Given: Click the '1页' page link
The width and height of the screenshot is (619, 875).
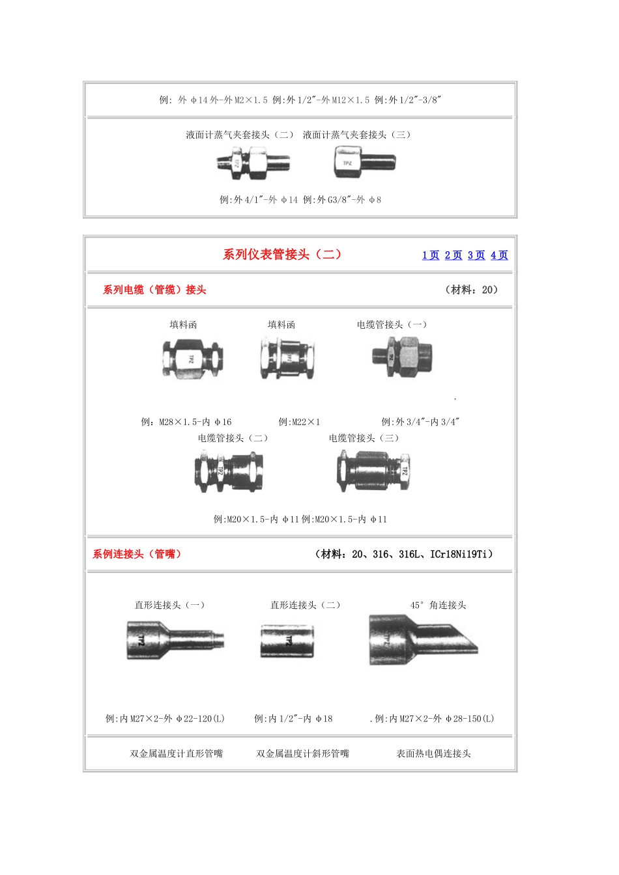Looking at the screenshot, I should [431, 255].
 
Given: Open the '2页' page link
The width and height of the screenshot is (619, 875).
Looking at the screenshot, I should [453, 255].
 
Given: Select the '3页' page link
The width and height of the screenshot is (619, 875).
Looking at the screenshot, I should [476, 255].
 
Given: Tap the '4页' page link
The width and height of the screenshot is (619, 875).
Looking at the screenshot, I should [499, 255].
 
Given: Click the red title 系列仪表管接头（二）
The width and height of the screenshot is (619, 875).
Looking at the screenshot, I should [282, 255].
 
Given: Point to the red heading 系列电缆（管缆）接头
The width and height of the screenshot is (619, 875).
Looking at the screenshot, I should [154, 290].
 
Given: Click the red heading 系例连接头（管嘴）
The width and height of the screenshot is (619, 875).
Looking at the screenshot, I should [137, 554].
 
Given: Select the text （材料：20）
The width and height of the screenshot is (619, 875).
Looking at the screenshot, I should [471, 290].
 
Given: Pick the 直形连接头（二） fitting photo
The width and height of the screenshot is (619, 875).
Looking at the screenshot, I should [287, 641].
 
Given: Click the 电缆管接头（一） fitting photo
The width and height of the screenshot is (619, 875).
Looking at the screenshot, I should [402, 356].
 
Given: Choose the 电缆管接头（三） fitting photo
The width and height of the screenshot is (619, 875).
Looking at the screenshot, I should [373, 471].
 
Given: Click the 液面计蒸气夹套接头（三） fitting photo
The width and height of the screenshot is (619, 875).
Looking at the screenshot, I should [364, 162].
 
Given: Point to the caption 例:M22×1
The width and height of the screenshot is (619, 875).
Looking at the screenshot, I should [299, 422].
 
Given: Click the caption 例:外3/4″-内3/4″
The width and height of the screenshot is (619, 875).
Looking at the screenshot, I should [420, 422].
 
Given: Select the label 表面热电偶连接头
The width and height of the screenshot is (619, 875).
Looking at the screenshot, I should [433, 753].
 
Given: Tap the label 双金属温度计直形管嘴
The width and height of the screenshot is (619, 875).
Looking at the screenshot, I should [176, 753].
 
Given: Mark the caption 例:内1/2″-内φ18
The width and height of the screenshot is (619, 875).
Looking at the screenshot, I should [293, 719].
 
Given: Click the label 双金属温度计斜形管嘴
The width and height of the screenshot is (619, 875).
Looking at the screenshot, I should [302, 753].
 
